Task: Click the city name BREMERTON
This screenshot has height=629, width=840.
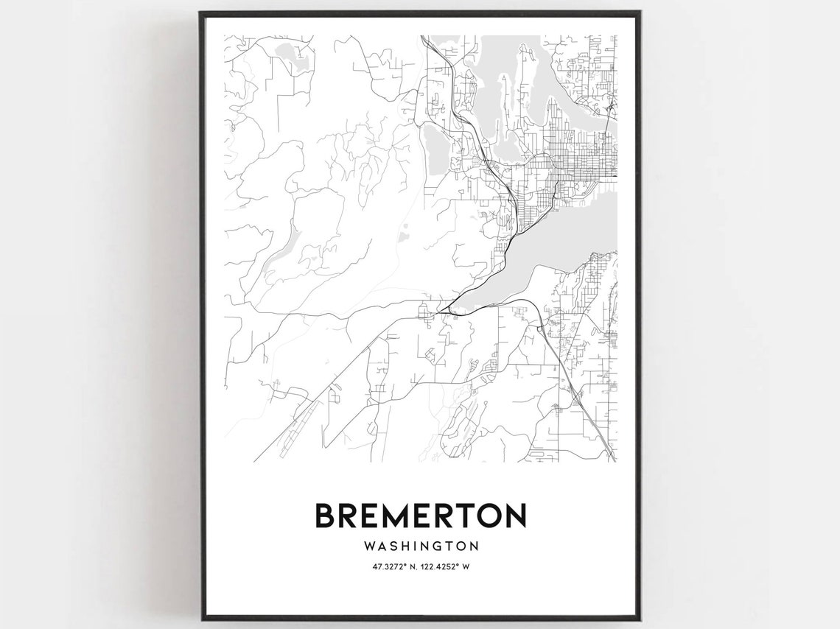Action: point(421,515)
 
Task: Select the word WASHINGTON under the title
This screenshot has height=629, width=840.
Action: point(421,547)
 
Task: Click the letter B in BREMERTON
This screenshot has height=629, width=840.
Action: point(325,515)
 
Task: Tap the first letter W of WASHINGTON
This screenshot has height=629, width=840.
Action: point(368,547)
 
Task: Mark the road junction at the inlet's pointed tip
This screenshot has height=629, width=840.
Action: point(444,312)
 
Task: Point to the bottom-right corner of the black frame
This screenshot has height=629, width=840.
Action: point(638,619)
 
